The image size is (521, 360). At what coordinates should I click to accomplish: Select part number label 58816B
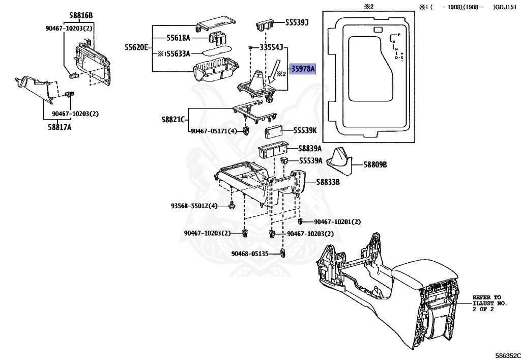(x=81, y=16)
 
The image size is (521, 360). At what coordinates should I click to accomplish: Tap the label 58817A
(x=60, y=127)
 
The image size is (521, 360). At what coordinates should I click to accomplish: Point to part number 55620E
(x=136, y=47)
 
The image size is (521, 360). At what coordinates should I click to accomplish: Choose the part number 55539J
(x=297, y=23)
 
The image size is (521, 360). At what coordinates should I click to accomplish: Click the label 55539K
(x=304, y=131)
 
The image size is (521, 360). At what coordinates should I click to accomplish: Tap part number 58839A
(x=310, y=149)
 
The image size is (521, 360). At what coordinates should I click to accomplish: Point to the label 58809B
(x=375, y=165)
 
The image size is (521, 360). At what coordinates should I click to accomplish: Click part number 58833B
(x=328, y=182)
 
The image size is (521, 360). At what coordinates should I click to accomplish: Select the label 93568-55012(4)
(x=194, y=206)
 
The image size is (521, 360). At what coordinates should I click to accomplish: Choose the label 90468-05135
(x=249, y=254)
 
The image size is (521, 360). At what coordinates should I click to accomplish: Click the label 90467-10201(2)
(x=337, y=222)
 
